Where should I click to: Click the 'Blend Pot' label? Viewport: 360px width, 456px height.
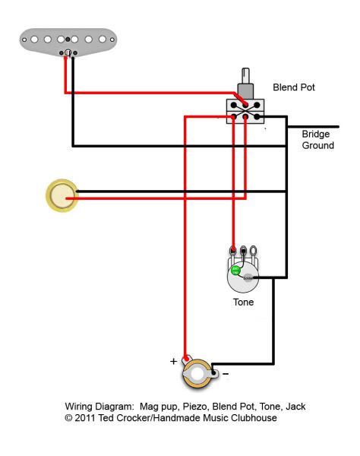point(294,87)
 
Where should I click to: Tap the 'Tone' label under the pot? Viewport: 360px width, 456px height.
point(243,302)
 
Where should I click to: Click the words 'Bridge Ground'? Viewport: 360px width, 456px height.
point(318,140)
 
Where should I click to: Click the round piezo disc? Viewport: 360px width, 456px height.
point(62,195)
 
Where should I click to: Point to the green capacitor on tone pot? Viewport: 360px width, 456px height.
point(235,271)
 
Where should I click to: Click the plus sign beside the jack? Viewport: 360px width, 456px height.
point(173,361)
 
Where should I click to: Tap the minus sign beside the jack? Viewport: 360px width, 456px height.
point(226,374)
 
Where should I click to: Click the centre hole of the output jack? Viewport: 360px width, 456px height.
point(197,374)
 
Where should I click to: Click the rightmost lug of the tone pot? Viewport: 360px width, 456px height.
point(253,250)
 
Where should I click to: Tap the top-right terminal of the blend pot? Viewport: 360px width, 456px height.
point(257,105)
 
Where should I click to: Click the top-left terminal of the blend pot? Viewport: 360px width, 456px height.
point(234,105)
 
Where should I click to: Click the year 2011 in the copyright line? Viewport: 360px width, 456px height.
point(85,418)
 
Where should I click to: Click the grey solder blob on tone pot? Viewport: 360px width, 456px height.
point(248,277)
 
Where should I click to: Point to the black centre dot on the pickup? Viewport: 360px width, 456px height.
point(68,40)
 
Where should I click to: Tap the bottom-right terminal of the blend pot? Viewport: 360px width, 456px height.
point(257,117)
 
